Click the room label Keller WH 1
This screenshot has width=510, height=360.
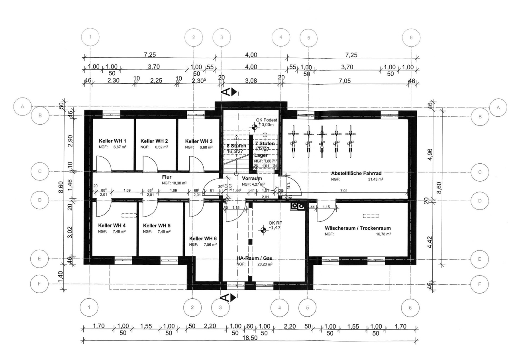coord(112,141)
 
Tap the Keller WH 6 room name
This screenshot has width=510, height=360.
coord(203,238)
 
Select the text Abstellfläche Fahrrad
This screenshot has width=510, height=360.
coord(357,173)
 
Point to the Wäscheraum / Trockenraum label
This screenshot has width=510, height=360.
coord(357,228)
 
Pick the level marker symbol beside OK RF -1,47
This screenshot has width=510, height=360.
coord(263,230)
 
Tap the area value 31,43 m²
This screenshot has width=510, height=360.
coord(375,180)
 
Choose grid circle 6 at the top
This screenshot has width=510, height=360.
coord(411,37)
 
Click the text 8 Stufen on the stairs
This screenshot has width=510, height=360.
coord(236,146)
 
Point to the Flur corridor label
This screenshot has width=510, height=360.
coord(167,177)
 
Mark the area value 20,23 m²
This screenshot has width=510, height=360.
coord(265,264)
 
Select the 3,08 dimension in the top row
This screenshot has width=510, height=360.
coord(251,80)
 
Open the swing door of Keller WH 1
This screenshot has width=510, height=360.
coord(102,163)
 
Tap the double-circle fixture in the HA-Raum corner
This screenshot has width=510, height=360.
coord(298,206)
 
